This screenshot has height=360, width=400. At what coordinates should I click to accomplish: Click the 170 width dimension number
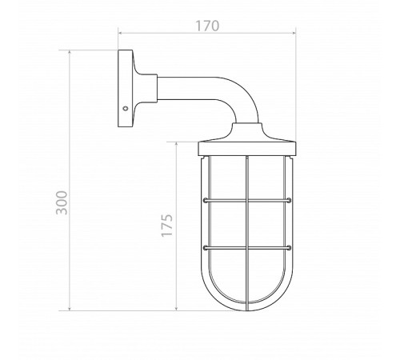tap(207, 26)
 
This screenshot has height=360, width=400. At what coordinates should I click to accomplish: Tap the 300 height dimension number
tap(62, 202)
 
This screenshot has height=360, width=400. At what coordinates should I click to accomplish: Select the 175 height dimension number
tap(167, 226)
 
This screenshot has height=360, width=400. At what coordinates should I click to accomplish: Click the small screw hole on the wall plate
tap(125, 108)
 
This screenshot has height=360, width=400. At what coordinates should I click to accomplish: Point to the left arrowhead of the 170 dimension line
tap(120, 33)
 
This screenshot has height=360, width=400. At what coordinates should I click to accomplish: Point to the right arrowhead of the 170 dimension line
tap(294, 33)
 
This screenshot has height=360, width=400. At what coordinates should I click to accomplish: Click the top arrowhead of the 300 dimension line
tap(70, 52)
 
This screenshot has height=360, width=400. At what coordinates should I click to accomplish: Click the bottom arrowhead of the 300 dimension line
tap(70, 309)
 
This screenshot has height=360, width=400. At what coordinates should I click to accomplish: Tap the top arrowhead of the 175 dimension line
tap(177, 144)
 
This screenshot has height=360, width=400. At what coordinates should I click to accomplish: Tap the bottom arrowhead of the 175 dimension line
tap(177, 309)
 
